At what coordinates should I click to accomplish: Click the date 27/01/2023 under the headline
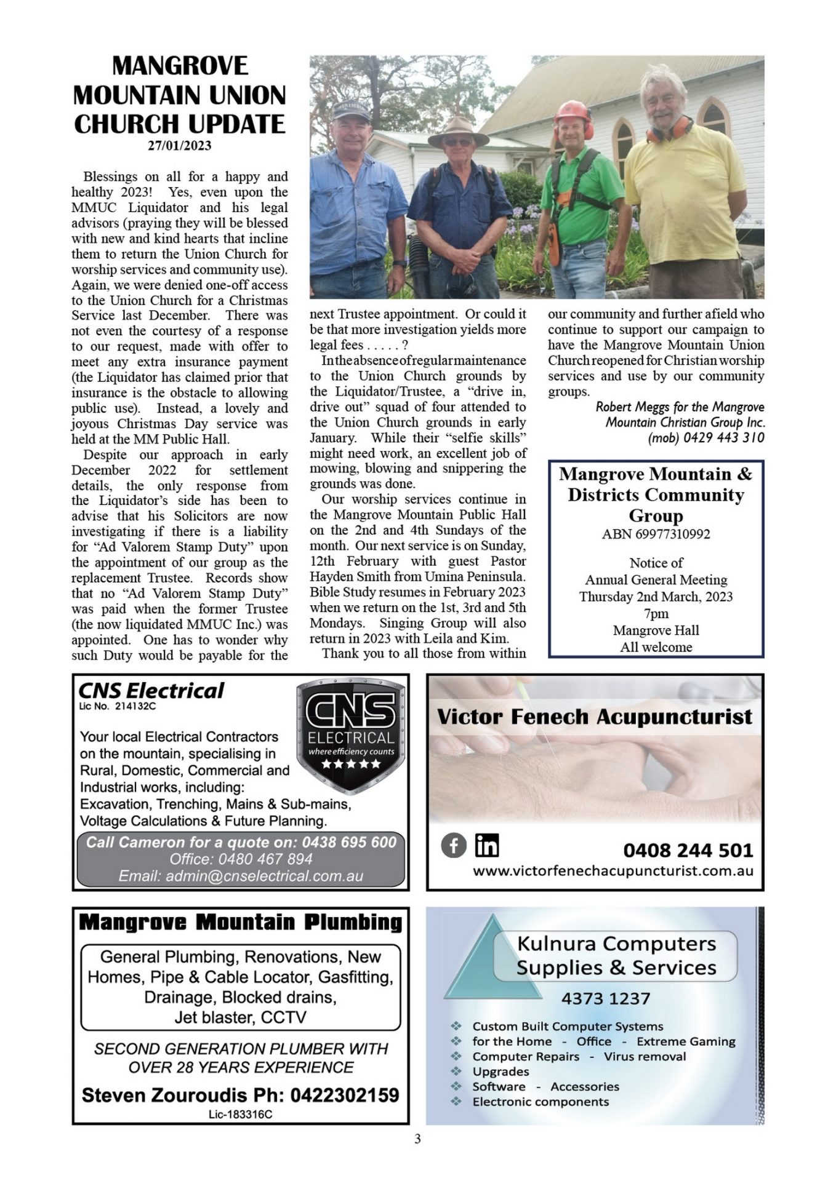tap(179, 146)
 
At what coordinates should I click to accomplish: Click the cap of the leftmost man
tap(350, 111)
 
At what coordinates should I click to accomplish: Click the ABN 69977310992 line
tap(656, 534)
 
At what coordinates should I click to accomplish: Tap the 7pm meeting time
tap(656, 613)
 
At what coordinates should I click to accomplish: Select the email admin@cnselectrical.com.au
tap(241, 876)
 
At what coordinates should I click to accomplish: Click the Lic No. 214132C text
tap(118, 706)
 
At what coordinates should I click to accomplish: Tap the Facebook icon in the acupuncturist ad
tap(454, 846)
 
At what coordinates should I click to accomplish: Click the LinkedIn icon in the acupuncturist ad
tap(486, 846)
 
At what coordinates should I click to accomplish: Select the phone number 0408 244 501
tap(688, 850)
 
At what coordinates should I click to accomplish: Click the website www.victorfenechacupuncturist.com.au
tap(613, 871)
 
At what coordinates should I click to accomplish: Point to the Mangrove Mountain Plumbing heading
tap(241, 923)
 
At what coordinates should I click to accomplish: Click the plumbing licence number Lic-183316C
tap(240, 1114)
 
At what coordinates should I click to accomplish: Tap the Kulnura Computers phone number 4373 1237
tap(605, 998)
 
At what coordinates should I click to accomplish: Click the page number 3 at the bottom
tap(417, 1139)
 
